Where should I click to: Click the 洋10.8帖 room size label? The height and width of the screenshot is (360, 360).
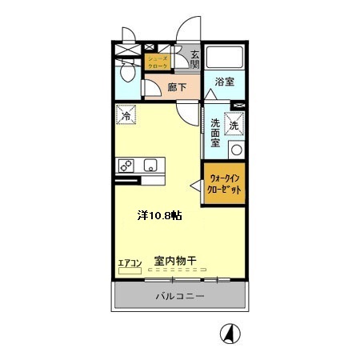coord(158,215)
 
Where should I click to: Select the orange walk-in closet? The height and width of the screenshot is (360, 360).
coord(223,185)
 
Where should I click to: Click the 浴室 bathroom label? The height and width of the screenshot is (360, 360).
coord(224,82)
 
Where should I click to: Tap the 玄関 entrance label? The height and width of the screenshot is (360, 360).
coord(194,61)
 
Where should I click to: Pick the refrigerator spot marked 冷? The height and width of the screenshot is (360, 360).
coord(126,117)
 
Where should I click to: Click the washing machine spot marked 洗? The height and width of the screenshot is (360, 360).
coord(234,125)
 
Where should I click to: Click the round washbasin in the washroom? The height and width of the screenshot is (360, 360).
coord(235,150)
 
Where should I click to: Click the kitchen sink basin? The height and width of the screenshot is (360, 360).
coord(149,166)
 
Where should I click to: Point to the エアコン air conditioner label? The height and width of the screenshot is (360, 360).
coord(129,262)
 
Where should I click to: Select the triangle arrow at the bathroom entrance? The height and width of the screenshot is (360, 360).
coord(210,94)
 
